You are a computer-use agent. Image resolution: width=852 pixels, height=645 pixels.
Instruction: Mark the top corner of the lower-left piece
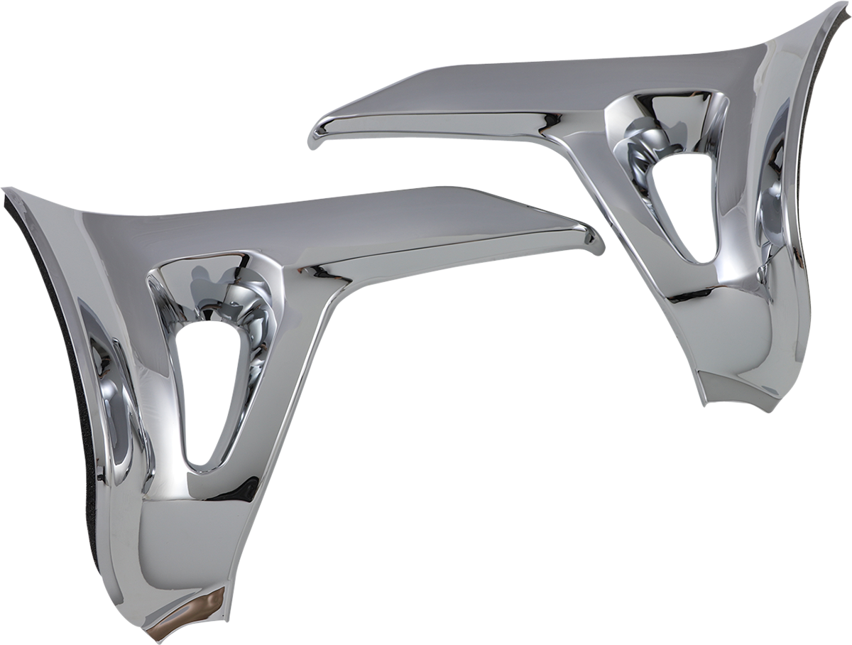(x=9, y=190)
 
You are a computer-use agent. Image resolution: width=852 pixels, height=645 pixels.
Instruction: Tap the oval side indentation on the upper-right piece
(x=774, y=178)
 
